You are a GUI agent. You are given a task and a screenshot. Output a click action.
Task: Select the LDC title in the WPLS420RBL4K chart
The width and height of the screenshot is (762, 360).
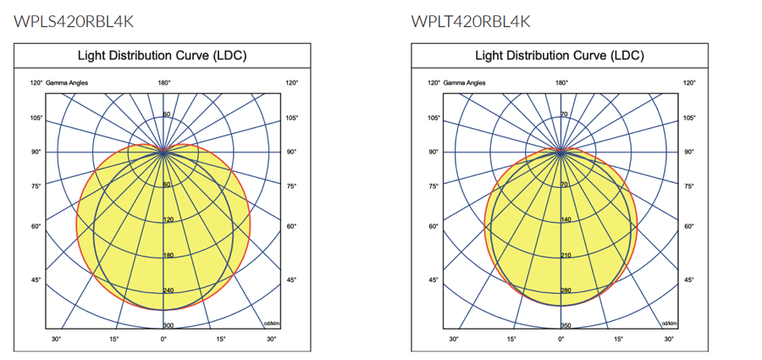[x=162, y=56]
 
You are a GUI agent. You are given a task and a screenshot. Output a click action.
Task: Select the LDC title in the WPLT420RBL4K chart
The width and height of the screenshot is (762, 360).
[x=560, y=56]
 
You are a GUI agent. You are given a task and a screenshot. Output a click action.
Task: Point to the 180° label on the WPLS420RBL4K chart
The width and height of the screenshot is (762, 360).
[x=164, y=83]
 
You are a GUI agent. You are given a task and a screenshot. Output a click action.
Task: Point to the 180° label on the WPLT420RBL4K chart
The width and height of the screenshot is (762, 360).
[x=561, y=83]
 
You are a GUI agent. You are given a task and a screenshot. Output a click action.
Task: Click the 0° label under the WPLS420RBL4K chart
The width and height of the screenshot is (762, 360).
[x=164, y=339]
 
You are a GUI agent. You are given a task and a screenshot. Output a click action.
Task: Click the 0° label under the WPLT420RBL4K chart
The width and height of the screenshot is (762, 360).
[x=561, y=339]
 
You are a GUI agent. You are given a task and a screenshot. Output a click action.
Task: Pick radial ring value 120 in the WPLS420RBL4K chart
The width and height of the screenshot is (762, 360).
[x=168, y=220]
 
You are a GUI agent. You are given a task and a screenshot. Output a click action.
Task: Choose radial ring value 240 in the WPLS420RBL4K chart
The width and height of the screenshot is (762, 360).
[x=168, y=291]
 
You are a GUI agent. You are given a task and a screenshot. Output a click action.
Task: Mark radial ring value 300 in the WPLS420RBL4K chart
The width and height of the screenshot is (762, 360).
[x=168, y=326]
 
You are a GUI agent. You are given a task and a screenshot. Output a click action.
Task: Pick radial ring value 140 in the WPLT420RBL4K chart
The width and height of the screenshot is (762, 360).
[x=565, y=220]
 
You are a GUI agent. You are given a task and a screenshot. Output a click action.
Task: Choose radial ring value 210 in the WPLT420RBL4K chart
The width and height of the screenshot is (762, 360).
[x=565, y=255]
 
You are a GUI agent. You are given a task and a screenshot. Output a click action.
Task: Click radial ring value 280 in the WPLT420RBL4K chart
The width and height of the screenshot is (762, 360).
[x=565, y=291]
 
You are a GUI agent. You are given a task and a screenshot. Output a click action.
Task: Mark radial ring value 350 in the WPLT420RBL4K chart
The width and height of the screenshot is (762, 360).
[x=565, y=326]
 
